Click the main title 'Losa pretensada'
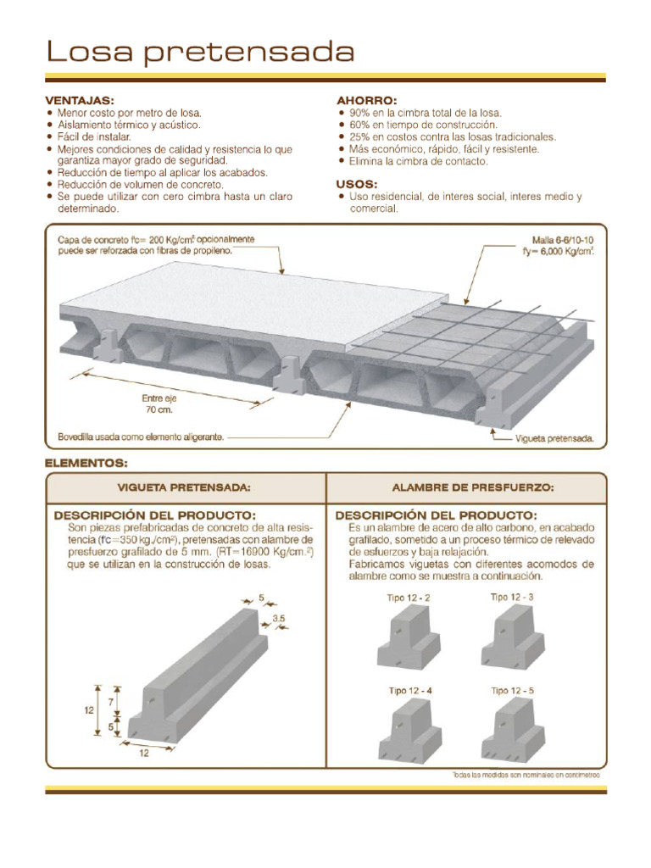[x=199, y=53]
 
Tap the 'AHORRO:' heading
[x=366, y=99]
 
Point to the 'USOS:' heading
[x=357, y=183]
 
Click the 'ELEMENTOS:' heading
[x=86, y=463]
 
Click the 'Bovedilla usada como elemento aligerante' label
[x=141, y=437]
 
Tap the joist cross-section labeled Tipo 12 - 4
[x=409, y=732]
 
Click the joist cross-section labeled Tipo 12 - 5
[x=512, y=732]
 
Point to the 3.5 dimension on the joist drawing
[x=277, y=619]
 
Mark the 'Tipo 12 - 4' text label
[x=410, y=691]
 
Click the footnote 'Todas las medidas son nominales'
[x=526, y=775]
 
